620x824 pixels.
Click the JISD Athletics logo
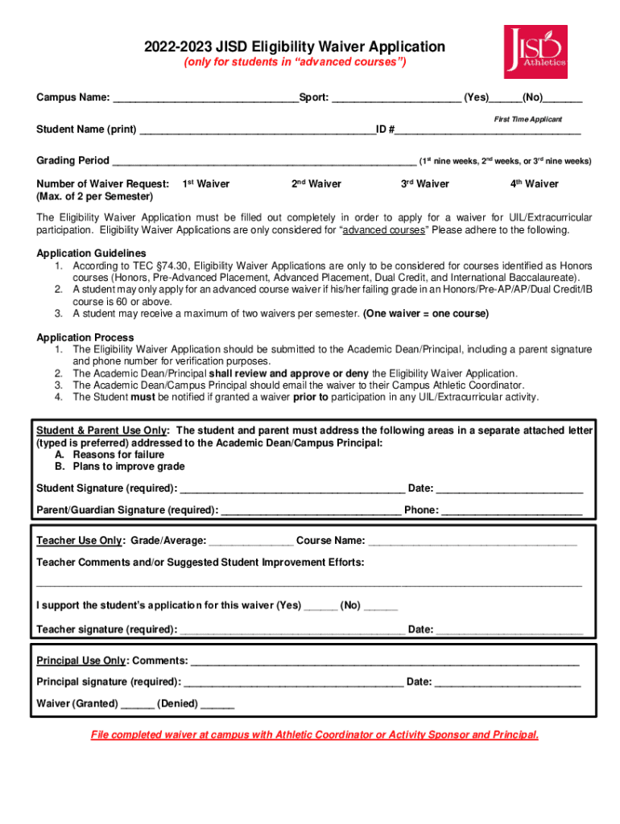point(535,51)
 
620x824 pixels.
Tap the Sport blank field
point(396,99)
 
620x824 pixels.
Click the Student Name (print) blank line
point(257,130)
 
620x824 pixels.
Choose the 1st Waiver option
point(206,184)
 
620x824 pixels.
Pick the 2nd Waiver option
point(316,184)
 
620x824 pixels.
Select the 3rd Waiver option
point(425,184)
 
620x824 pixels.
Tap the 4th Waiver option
point(534,184)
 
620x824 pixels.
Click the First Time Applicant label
point(527,119)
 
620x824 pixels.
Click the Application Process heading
point(85,337)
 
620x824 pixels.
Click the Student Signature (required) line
point(292,489)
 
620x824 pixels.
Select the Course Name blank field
point(473,542)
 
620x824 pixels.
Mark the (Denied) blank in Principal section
point(217,704)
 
